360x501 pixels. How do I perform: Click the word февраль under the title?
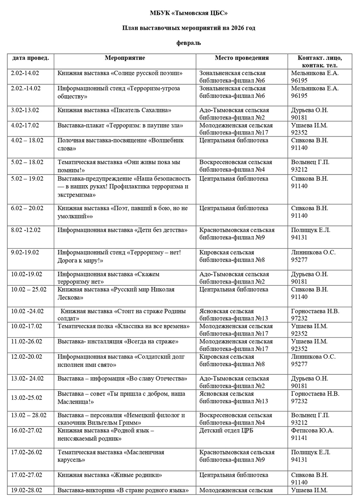click(189, 43)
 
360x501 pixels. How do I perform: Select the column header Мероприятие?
click(125, 58)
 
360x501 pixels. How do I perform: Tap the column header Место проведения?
click(241, 58)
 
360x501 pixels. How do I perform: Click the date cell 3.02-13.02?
click(25, 110)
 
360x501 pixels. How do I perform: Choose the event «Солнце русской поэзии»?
click(120, 73)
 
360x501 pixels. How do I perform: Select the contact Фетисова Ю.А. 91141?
click(313, 434)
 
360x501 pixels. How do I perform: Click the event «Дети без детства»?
click(122, 230)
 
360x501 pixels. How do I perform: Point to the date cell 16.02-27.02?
click(27, 431)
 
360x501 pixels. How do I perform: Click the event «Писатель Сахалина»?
click(114, 110)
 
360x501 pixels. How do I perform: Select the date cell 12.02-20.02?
click(27, 357)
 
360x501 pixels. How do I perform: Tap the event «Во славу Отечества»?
click(117, 379)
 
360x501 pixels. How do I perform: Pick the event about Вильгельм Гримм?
click(122, 419)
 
